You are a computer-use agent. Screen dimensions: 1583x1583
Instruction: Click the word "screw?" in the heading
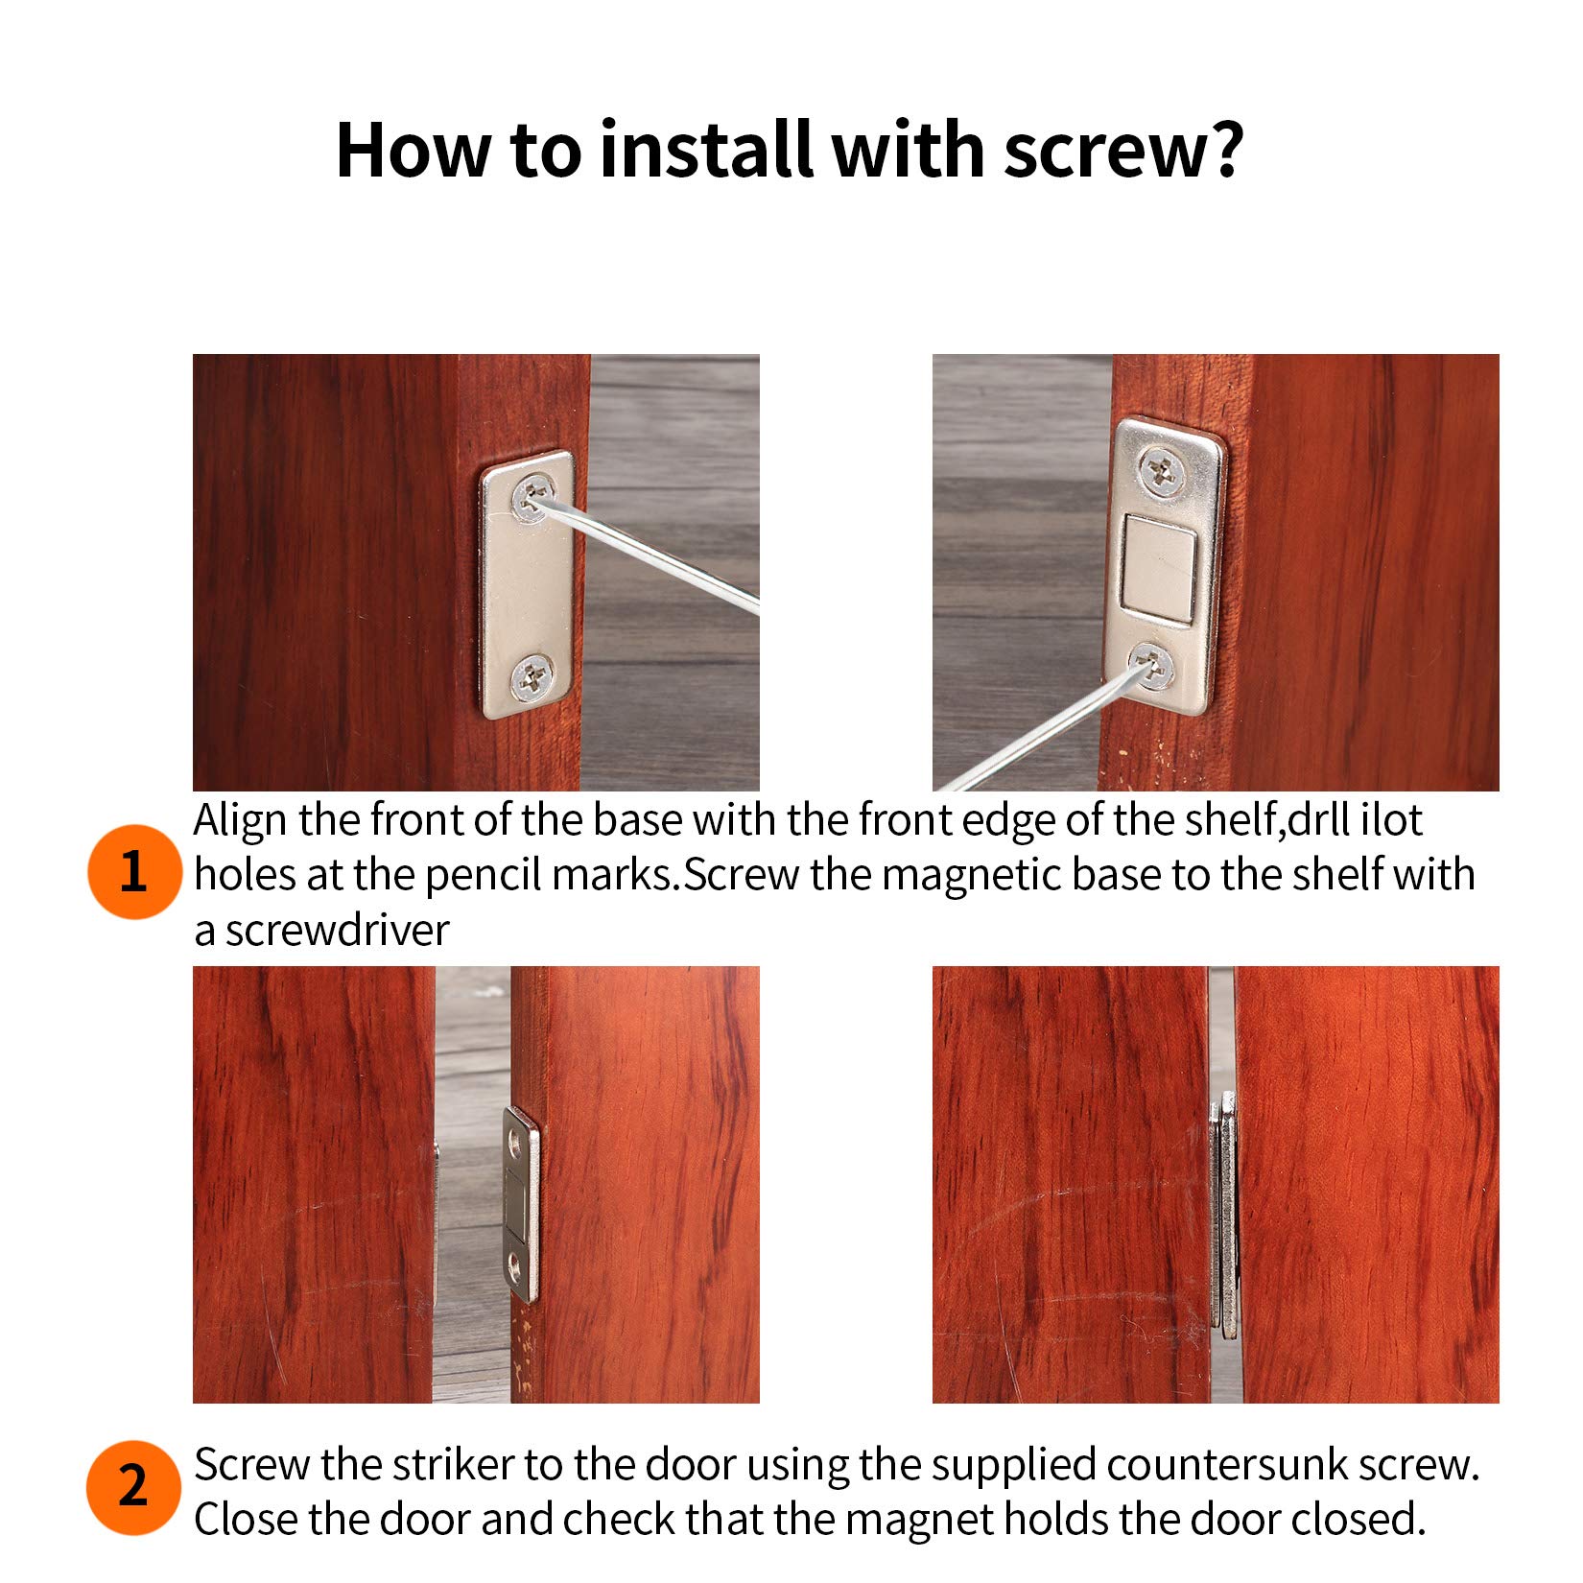[1123, 152]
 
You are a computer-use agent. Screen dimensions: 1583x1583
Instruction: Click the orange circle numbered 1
[133, 871]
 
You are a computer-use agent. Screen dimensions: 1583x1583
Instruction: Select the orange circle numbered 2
[133, 1486]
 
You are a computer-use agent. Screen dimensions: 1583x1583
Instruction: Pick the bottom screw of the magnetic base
[1151, 665]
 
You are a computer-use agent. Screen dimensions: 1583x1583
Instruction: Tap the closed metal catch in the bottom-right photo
[1223, 1217]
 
